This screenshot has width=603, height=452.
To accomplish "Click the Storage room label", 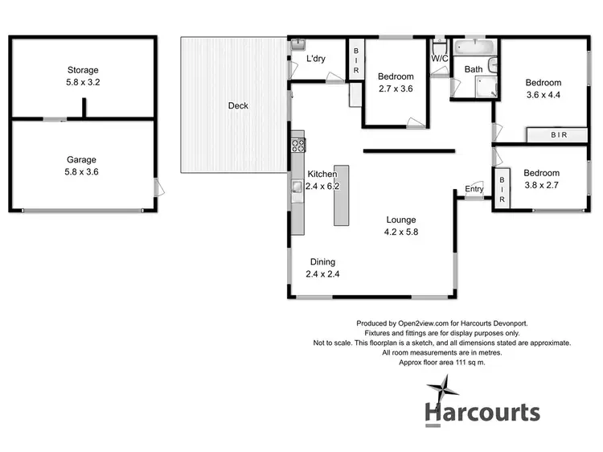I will (84, 70).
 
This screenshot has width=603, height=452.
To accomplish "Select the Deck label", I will (238, 105).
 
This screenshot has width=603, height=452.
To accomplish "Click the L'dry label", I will (316, 60).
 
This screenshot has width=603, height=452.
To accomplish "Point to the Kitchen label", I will (322, 174).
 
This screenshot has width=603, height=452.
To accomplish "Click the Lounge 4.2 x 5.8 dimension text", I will (400, 231).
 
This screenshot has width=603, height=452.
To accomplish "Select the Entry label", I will (474, 190).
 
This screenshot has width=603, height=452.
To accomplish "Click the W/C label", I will (439, 58).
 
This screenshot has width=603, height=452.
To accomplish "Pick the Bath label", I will (474, 69).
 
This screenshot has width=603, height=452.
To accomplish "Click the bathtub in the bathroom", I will (475, 47).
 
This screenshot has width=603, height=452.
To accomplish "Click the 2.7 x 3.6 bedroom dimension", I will (394, 88).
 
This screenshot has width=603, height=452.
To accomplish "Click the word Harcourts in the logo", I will (482, 413).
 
